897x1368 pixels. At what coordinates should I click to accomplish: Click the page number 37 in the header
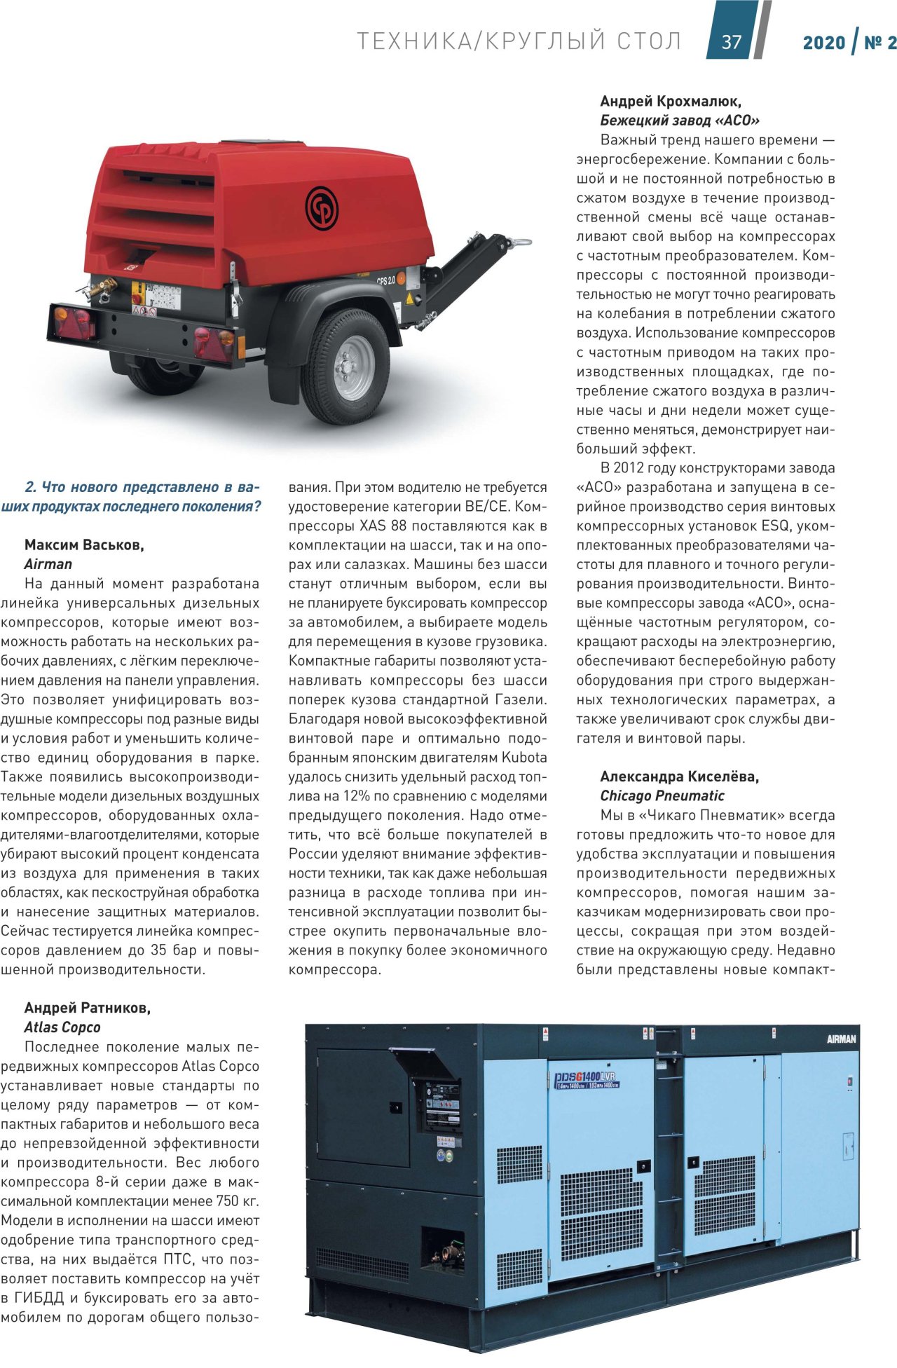coord(731,42)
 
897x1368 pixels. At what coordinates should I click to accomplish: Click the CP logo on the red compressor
coord(322,207)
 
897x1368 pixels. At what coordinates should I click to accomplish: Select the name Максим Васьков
coord(84,545)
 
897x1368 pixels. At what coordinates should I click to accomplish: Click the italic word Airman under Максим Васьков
coord(48,564)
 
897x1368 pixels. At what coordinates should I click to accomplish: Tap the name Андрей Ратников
coord(88,1008)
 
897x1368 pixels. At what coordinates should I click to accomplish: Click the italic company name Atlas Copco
coord(62,1027)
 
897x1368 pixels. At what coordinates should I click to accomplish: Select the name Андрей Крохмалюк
coord(671,102)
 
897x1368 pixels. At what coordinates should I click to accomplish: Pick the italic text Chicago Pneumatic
coord(662,795)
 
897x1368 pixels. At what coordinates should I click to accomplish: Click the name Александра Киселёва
coord(680,776)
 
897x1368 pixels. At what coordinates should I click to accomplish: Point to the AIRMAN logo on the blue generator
coord(841,1039)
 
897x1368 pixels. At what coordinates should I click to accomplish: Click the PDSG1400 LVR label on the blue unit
coord(584,1080)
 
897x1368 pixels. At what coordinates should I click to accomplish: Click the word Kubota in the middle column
coord(524,758)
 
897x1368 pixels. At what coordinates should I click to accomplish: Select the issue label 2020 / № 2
coord(849,42)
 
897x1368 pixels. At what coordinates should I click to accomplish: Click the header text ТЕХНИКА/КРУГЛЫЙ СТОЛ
coord(519,42)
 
